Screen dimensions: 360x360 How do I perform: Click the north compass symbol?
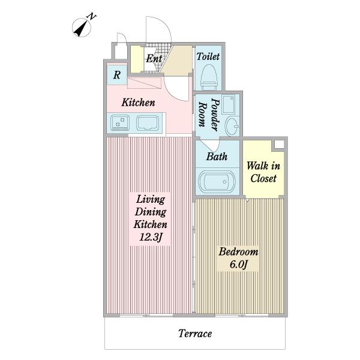(83, 26)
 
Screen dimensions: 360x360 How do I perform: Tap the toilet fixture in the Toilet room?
(209, 77)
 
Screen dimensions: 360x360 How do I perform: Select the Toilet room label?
(208, 56)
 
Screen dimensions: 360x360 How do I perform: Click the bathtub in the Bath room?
(217, 182)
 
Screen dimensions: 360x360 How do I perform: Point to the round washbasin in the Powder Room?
(232, 126)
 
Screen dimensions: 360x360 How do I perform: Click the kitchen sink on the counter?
(148, 123)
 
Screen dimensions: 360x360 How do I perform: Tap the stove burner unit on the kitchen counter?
(120, 123)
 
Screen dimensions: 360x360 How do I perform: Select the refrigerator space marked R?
(117, 75)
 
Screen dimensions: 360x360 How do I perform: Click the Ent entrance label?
(154, 59)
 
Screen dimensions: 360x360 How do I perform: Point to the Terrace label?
(195, 334)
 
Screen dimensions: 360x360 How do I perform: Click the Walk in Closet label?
(263, 172)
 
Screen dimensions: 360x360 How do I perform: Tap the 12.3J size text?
(151, 237)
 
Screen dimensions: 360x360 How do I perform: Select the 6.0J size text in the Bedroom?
(238, 265)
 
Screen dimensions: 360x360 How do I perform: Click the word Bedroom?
(238, 251)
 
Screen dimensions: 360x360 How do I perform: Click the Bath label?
(217, 157)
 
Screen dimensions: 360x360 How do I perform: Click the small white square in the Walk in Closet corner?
(279, 145)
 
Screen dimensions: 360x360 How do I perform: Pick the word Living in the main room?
(151, 199)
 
